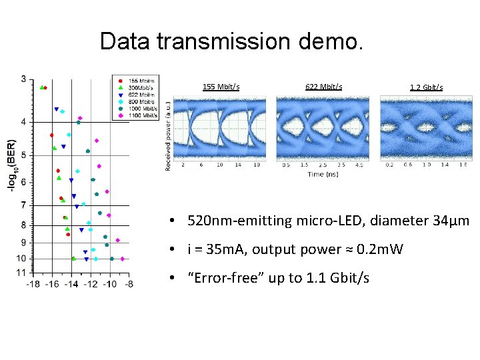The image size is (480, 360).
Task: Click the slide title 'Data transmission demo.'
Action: click(x=232, y=41)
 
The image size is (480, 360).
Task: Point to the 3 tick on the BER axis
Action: click(x=23, y=79)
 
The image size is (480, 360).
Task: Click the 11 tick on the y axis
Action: click(x=21, y=273)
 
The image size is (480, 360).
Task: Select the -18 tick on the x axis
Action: click(x=33, y=284)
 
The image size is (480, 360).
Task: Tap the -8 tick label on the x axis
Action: click(x=128, y=284)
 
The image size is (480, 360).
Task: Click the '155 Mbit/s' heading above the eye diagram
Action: click(x=221, y=87)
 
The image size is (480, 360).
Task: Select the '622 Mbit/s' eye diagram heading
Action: click(x=323, y=87)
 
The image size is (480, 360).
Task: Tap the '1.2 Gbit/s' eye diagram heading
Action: click(x=426, y=87)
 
